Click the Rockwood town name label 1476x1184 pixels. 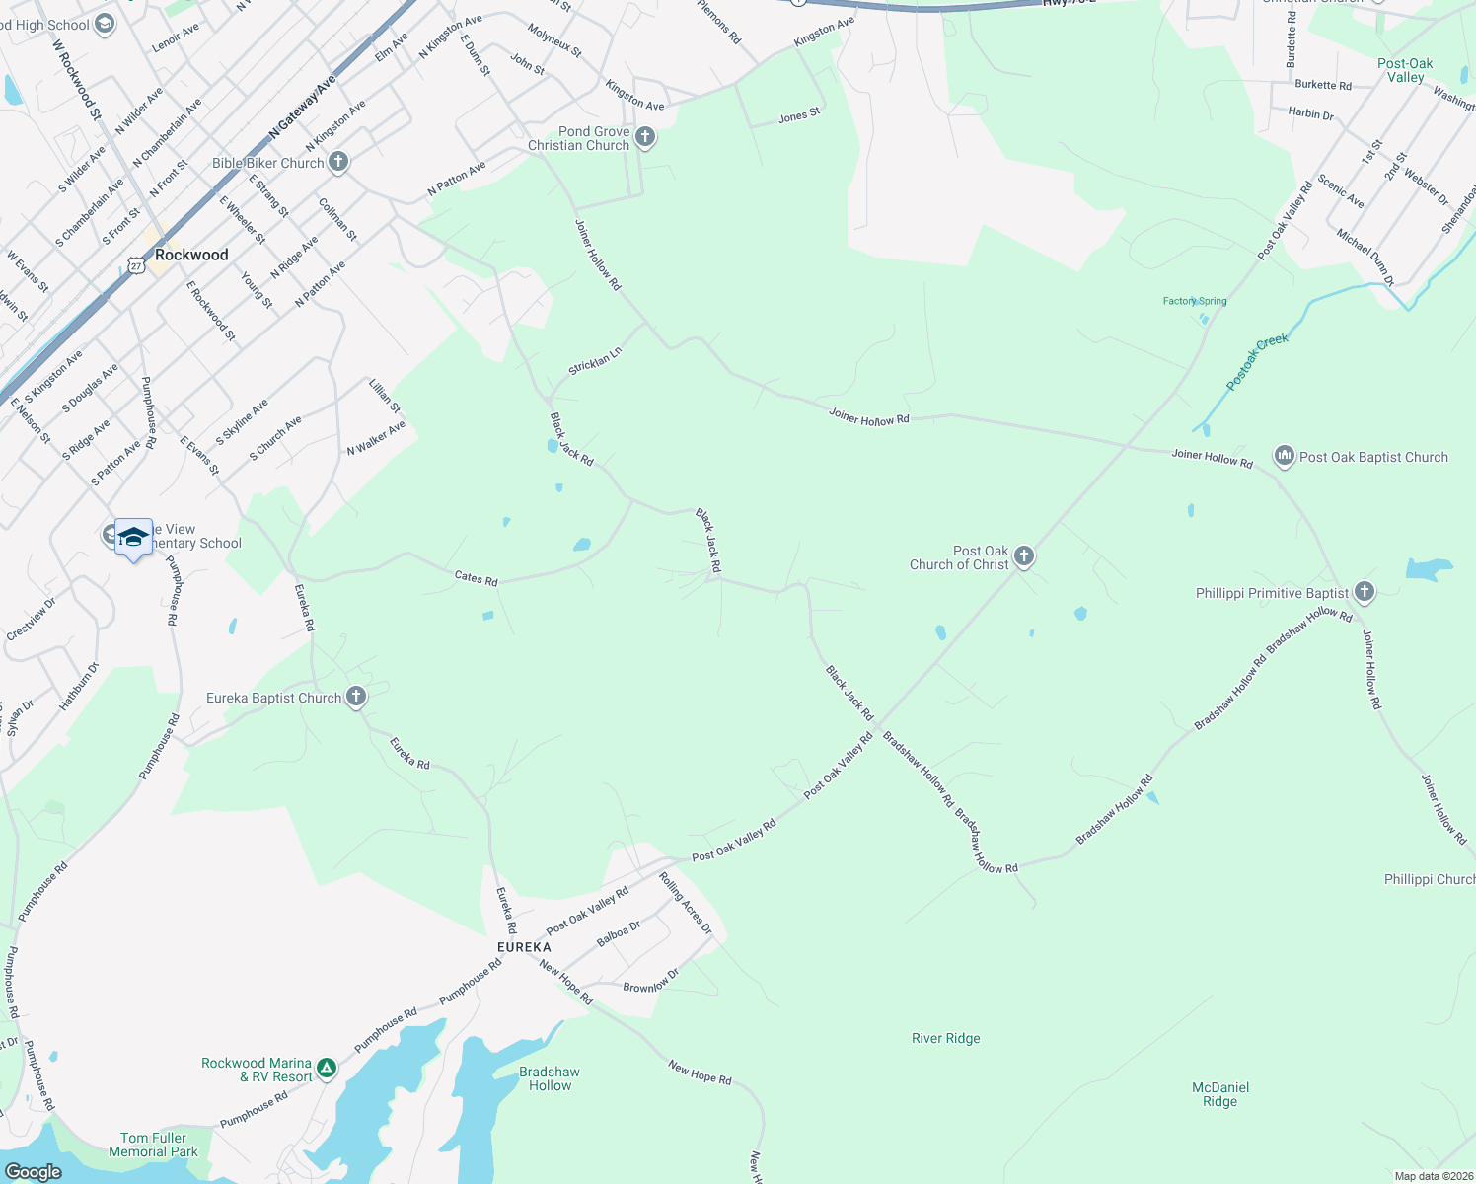191,255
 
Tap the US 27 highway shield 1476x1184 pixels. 136,265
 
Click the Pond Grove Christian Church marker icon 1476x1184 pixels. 645,137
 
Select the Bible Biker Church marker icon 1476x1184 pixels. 338,162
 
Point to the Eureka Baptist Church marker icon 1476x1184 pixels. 356,697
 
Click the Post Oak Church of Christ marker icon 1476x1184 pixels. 1024,556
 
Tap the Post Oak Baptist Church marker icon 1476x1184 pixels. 1285,455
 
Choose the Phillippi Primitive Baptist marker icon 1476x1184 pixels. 1365,592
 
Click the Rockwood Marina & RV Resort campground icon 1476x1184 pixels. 327,1068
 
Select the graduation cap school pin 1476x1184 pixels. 133,538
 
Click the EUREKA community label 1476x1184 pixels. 524,947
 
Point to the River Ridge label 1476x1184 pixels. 946,1038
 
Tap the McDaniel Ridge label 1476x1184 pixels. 1220,1094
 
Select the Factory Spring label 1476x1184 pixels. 1195,301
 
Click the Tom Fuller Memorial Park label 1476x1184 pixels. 153,1145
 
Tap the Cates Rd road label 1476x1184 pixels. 477,578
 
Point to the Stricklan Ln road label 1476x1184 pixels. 595,361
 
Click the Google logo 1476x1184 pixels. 34,1172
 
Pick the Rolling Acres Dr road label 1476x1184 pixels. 686,903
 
